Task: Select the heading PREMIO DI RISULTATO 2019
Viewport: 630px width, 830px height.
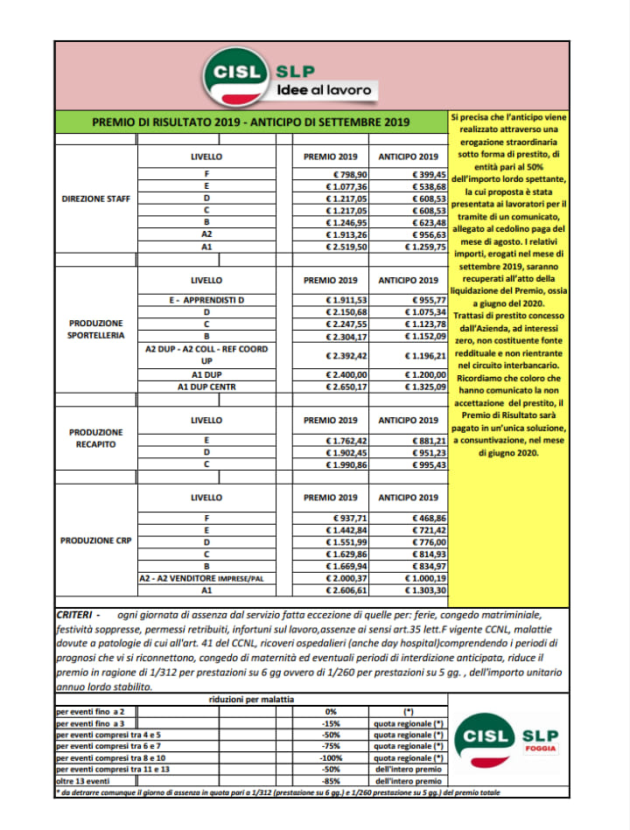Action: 251,122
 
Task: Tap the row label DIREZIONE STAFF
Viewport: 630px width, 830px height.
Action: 96,199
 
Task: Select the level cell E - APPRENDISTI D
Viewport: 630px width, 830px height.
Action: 206,299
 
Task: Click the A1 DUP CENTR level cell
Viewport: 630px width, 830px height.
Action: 206,386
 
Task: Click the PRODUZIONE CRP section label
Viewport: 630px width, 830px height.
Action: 96,541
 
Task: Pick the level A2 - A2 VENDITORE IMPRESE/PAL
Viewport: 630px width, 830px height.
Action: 206,579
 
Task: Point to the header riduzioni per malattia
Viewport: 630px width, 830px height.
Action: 251,701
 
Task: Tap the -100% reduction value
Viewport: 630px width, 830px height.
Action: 330,757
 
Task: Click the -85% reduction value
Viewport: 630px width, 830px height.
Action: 330,780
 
